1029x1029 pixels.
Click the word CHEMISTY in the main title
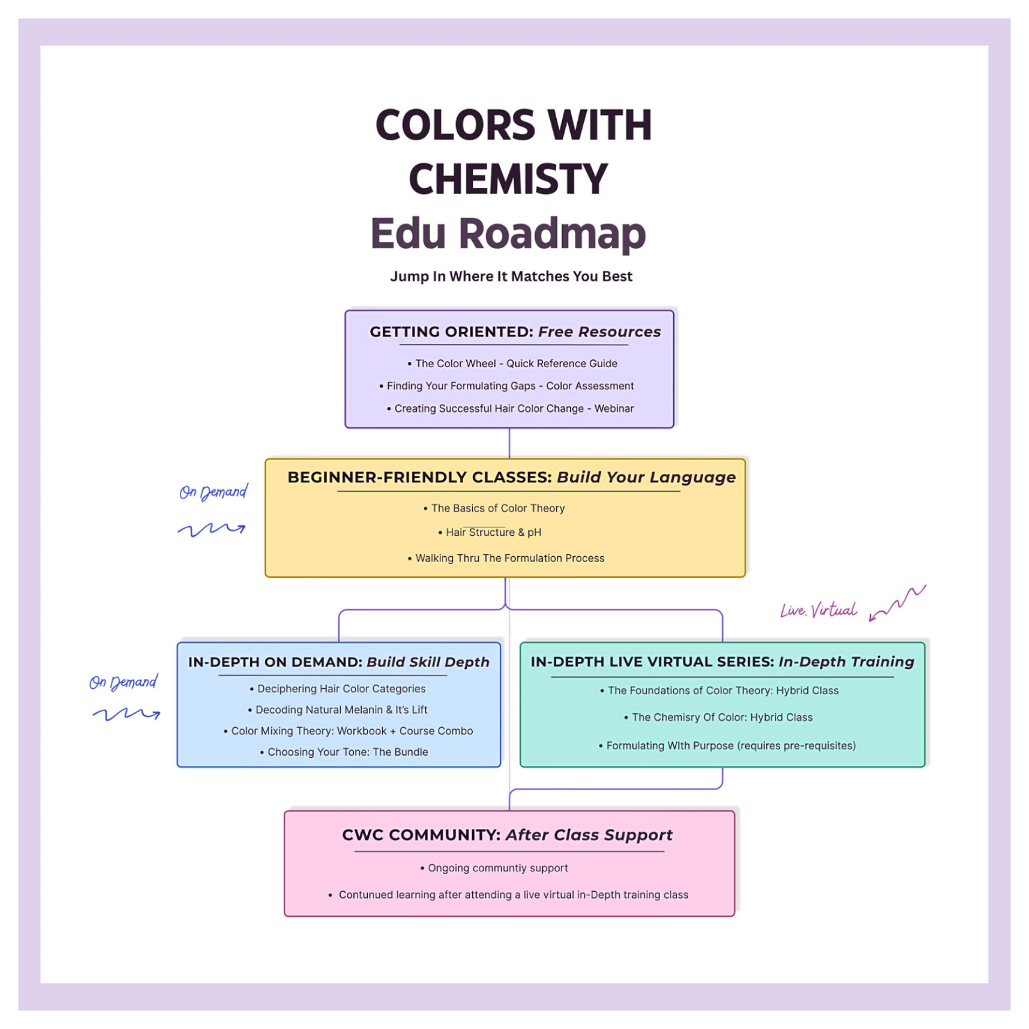pyautogui.click(x=508, y=179)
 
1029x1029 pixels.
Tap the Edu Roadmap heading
pyautogui.click(x=508, y=234)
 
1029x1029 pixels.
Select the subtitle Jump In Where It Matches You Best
pyautogui.click(x=511, y=276)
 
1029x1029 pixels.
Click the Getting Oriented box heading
pyautogui.click(x=515, y=332)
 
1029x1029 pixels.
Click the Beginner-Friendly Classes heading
pyautogui.click(x=511, y=477)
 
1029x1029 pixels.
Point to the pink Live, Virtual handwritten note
pyautogui.click(x=818, y=610)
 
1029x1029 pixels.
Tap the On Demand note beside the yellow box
pyautogui.click(x=213, y=491)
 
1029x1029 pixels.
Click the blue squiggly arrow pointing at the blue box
pyautogui.click(x=127, y=714)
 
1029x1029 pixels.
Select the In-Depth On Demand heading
pyautogui.click(x=339, y=662)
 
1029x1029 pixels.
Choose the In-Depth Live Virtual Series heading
pyautogui.click(x=722, y=662)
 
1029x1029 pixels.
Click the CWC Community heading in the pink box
pyautogui.click(x=507, y=835)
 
